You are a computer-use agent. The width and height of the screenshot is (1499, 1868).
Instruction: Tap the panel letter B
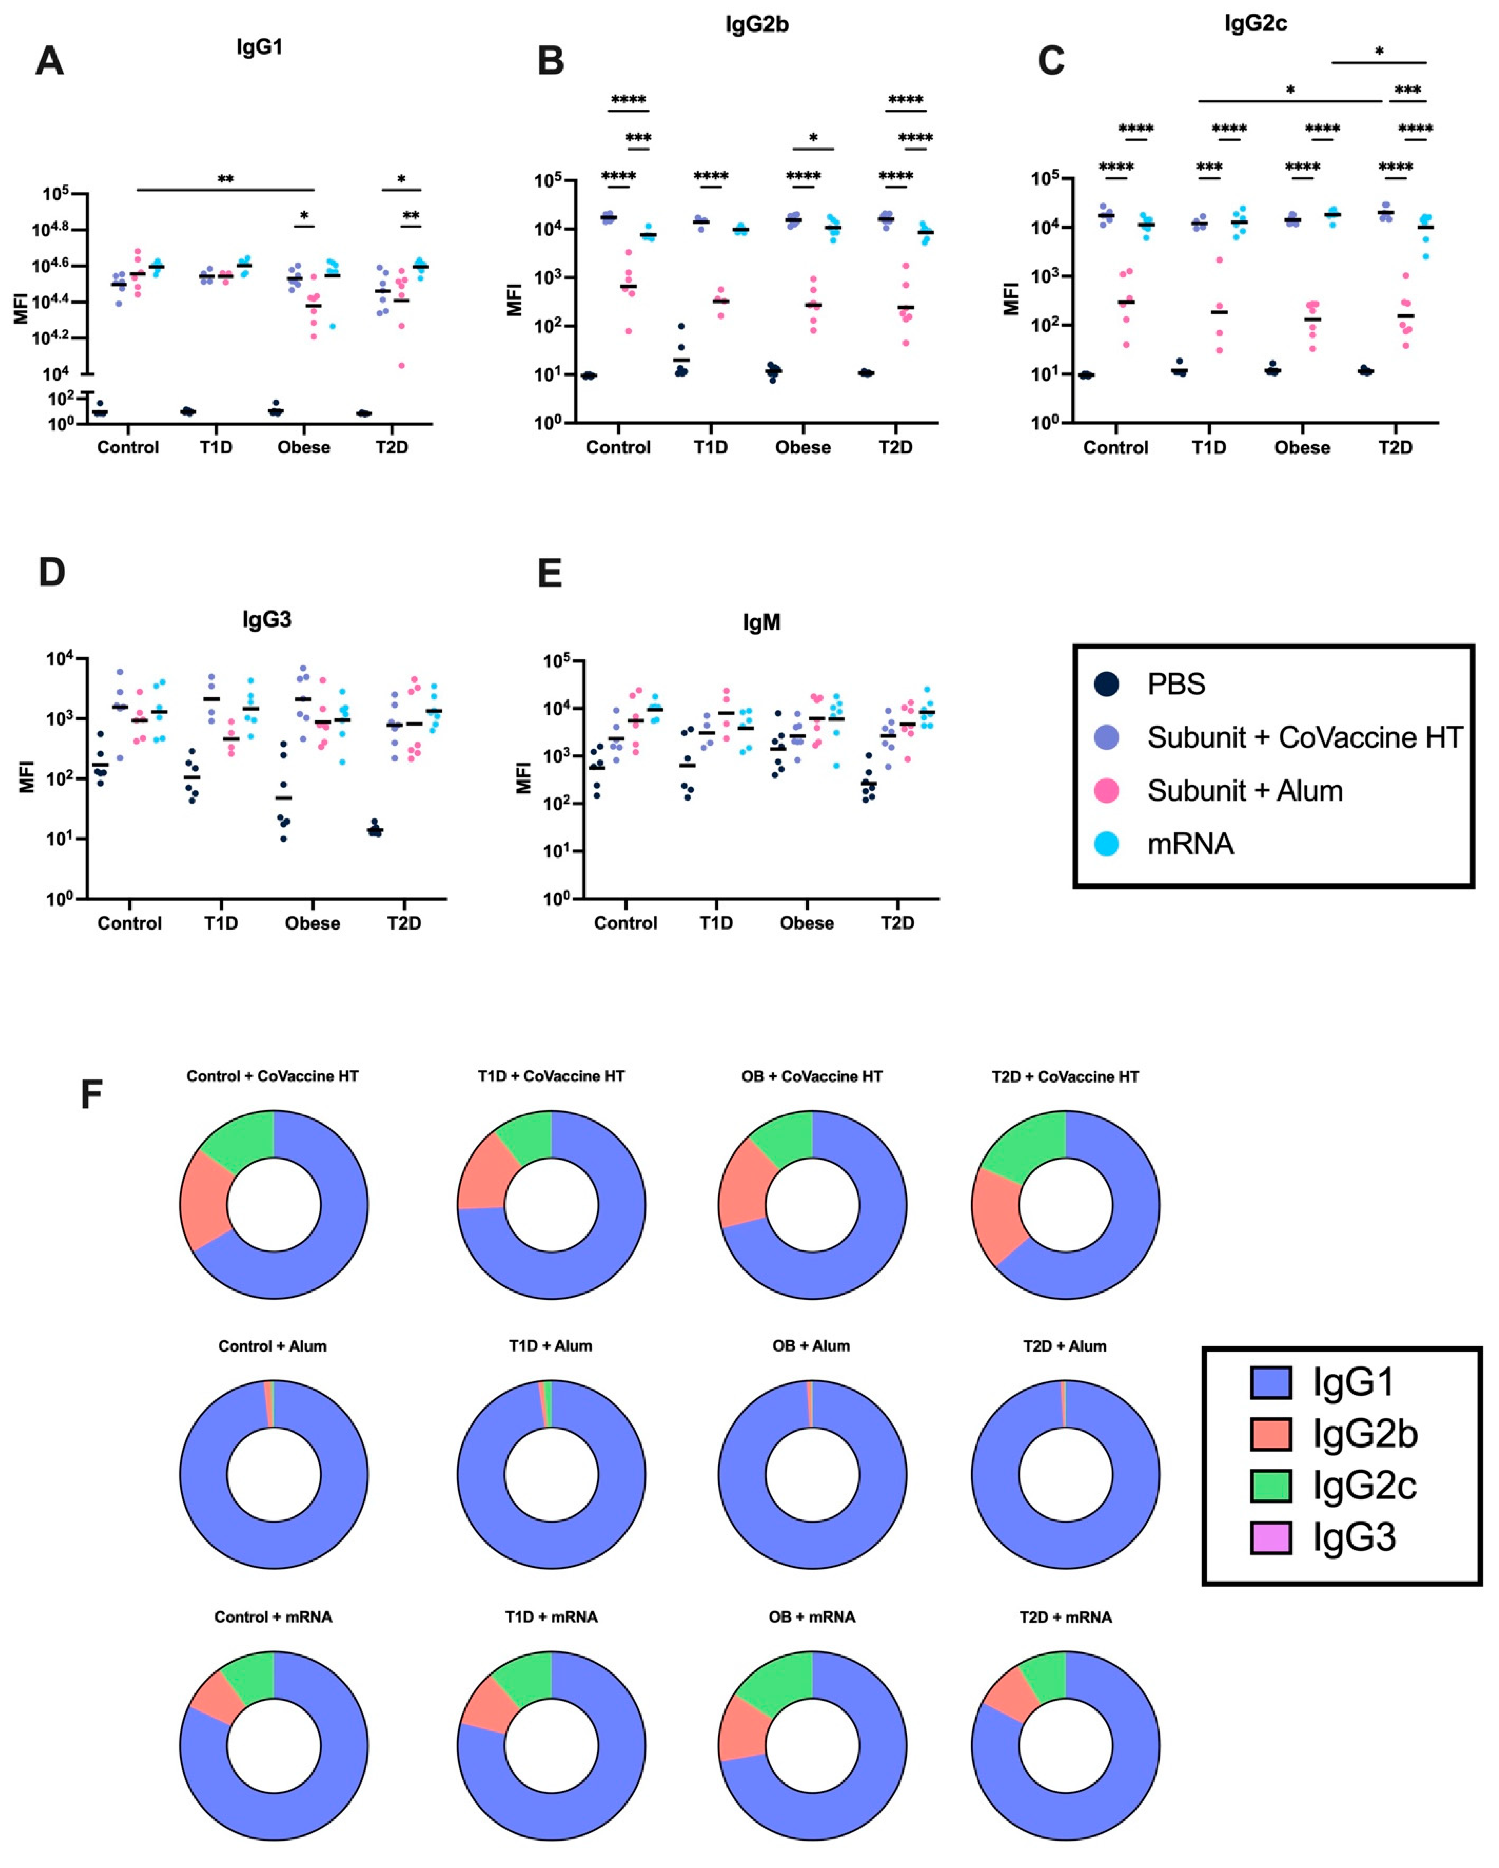coord(551,61)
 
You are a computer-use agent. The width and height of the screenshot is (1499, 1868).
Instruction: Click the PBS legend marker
coord(1107,685)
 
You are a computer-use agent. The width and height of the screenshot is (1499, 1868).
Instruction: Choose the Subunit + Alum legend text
coord(1245,790)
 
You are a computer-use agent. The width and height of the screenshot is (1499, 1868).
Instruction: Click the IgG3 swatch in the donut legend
coord(1270,1538)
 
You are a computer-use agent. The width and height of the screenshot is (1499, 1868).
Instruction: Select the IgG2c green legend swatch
coord(1270,1486)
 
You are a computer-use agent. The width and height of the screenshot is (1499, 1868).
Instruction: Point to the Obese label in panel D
coord(313,924)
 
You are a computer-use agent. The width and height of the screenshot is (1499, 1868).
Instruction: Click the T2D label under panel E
coord(897,924)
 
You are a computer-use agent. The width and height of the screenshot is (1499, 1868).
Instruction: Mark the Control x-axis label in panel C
coord(1115,448)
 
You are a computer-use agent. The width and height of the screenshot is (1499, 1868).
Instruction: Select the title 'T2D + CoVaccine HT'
coord(1065,1077)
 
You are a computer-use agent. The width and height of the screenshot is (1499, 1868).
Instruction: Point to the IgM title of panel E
coord(761,623)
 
